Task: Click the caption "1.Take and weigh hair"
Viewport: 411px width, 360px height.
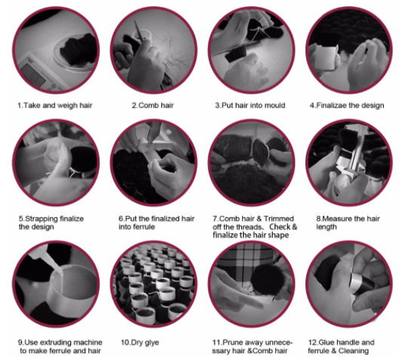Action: pyautogui.click(x=55, y=106)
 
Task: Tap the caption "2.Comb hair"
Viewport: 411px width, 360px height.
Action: pyautogui.click(x=152, y=106)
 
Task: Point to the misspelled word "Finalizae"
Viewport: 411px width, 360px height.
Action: pyautogui.click(x=332, y=106)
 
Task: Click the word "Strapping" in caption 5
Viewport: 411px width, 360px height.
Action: pyautogui.click(x=41, y=219)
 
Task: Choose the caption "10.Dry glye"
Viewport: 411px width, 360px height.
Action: pyautogui.click(x=140, y=343)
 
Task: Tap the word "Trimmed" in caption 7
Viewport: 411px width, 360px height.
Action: pyautogui.click(x=278, y=219)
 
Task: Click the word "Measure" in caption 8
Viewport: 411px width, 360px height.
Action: pyautogui.click(x=337, y=219)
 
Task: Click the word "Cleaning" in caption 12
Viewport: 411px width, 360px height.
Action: pyautogui.click(x=354, y=351)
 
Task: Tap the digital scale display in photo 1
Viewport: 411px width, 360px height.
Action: pyautogui.click(x=33, y=75)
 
